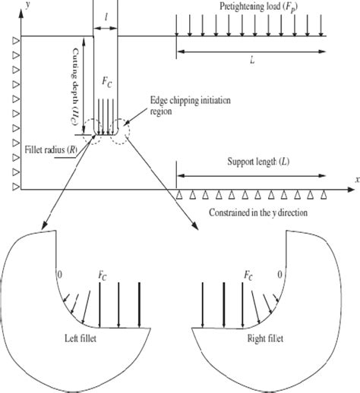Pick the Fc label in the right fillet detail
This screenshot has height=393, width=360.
click(248, 271)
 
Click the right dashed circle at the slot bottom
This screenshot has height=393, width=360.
click(121, 130)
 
